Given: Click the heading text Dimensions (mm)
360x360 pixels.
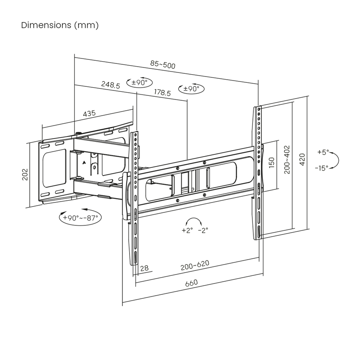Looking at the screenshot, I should point(60,25).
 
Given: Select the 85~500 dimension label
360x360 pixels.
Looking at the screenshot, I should point(163,65).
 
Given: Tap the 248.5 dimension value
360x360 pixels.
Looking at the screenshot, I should point(111,84).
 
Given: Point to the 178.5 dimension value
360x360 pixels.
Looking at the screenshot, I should point(162,93).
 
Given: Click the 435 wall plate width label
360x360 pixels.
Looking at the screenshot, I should point(89,114).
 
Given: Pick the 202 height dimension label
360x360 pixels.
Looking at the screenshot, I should point(25,175).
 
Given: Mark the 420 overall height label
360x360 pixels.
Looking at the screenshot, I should point(302,159).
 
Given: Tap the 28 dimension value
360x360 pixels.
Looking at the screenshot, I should point(144,268).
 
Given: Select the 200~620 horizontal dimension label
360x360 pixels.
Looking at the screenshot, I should point(195,265).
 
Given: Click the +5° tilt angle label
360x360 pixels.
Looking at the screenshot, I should point(323,152).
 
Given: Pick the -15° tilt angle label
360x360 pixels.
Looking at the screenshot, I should point(322,168).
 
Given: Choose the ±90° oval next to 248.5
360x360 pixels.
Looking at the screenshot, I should point(139,83).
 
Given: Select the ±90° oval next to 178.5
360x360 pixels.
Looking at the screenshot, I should point(191,89).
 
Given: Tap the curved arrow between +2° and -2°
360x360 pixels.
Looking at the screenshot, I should point(194,221).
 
